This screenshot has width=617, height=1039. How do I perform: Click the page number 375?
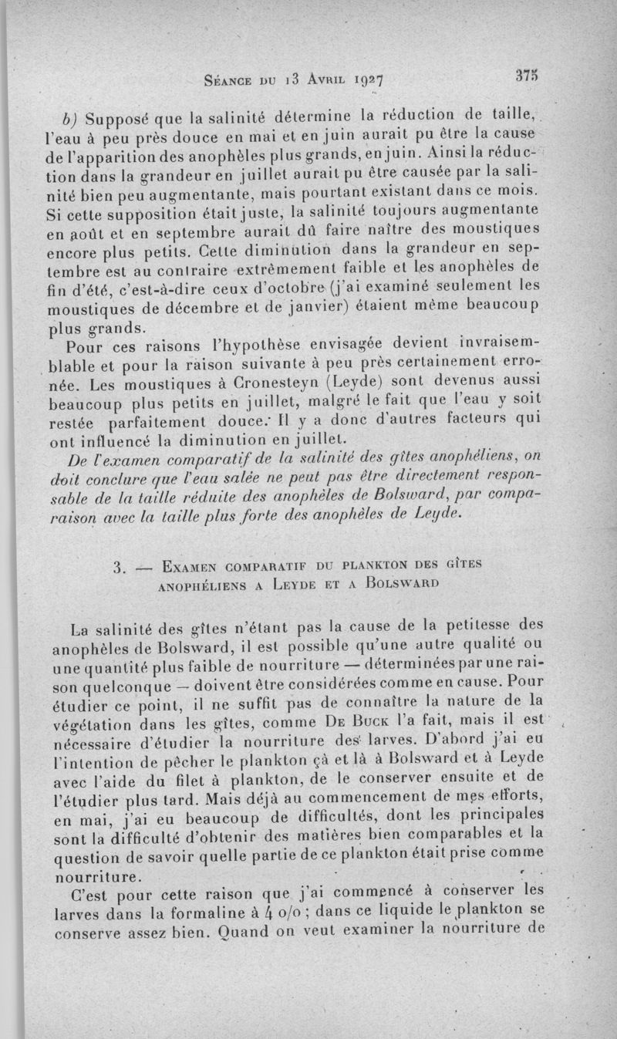528,76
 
